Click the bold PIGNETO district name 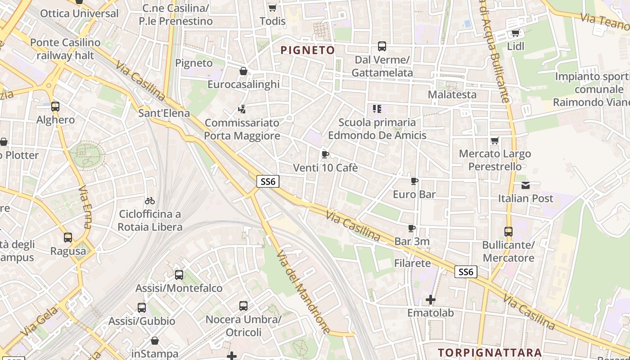(308, 50)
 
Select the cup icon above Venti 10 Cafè (325, 155)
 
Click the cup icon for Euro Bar (414, 181)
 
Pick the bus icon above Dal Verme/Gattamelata (382, 46)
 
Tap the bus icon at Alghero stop (55, 107)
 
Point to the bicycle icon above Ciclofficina (150, 201)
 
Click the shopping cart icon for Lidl (515, 33)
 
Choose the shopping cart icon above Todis (272, 8)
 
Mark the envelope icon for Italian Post (525, 185)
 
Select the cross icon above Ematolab (431, 299)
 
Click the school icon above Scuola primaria (377, 108)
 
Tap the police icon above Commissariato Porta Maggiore (242, 109)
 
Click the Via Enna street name (85, 207)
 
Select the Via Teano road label (604, 21)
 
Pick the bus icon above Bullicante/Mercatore (508, 232)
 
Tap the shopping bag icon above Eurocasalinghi (243, 71)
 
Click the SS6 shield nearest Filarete (465, 272)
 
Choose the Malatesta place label (452, 94)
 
